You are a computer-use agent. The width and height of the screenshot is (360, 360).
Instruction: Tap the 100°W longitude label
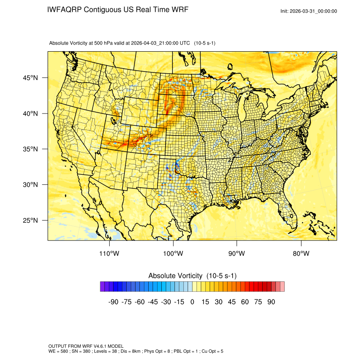(173, 254)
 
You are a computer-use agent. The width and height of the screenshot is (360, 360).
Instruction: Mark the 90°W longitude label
(237, 254)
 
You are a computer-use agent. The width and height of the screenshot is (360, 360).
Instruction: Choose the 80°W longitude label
(301, 254)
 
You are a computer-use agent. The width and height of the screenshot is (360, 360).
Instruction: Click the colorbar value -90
(113, 302)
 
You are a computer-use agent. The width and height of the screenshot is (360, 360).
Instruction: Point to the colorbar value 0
(192, 302)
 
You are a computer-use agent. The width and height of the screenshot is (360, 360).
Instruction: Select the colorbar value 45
(232, 302)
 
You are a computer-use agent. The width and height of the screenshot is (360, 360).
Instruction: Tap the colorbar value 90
(271, 302)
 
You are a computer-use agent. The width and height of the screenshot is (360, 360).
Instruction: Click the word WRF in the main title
(180, 10)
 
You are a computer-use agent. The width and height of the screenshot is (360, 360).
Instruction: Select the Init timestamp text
(309, 11)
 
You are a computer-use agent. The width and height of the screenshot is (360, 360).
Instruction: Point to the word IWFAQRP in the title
(64, 10)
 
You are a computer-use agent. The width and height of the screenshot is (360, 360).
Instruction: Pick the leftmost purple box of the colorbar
(102, 287)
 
